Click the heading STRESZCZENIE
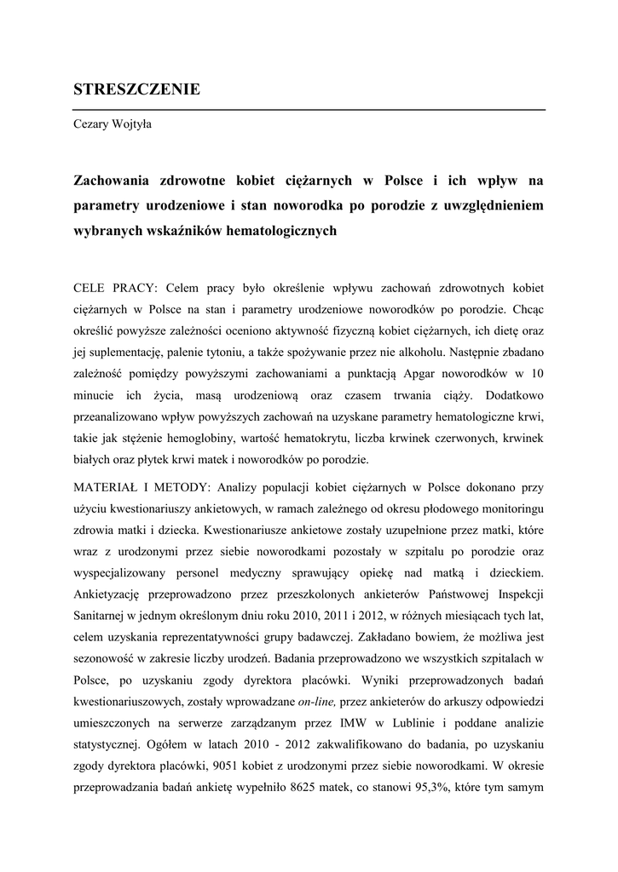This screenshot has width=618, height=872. [x=136, y=89]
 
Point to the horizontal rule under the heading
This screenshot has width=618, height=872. [x=309, y=110]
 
